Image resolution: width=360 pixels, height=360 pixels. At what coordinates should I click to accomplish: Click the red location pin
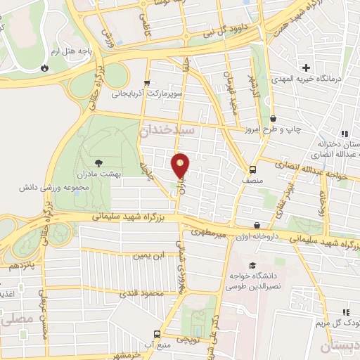coord(181,166)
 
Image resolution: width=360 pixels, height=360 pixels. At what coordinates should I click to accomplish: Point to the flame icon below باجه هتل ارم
coord(45,68)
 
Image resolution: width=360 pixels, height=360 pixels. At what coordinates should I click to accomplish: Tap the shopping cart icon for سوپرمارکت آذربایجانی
coord(147,82)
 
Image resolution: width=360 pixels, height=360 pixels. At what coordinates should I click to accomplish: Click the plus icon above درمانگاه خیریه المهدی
coord(307,67)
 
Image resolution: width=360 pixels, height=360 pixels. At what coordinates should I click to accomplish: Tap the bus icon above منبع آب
coord(156,334)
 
